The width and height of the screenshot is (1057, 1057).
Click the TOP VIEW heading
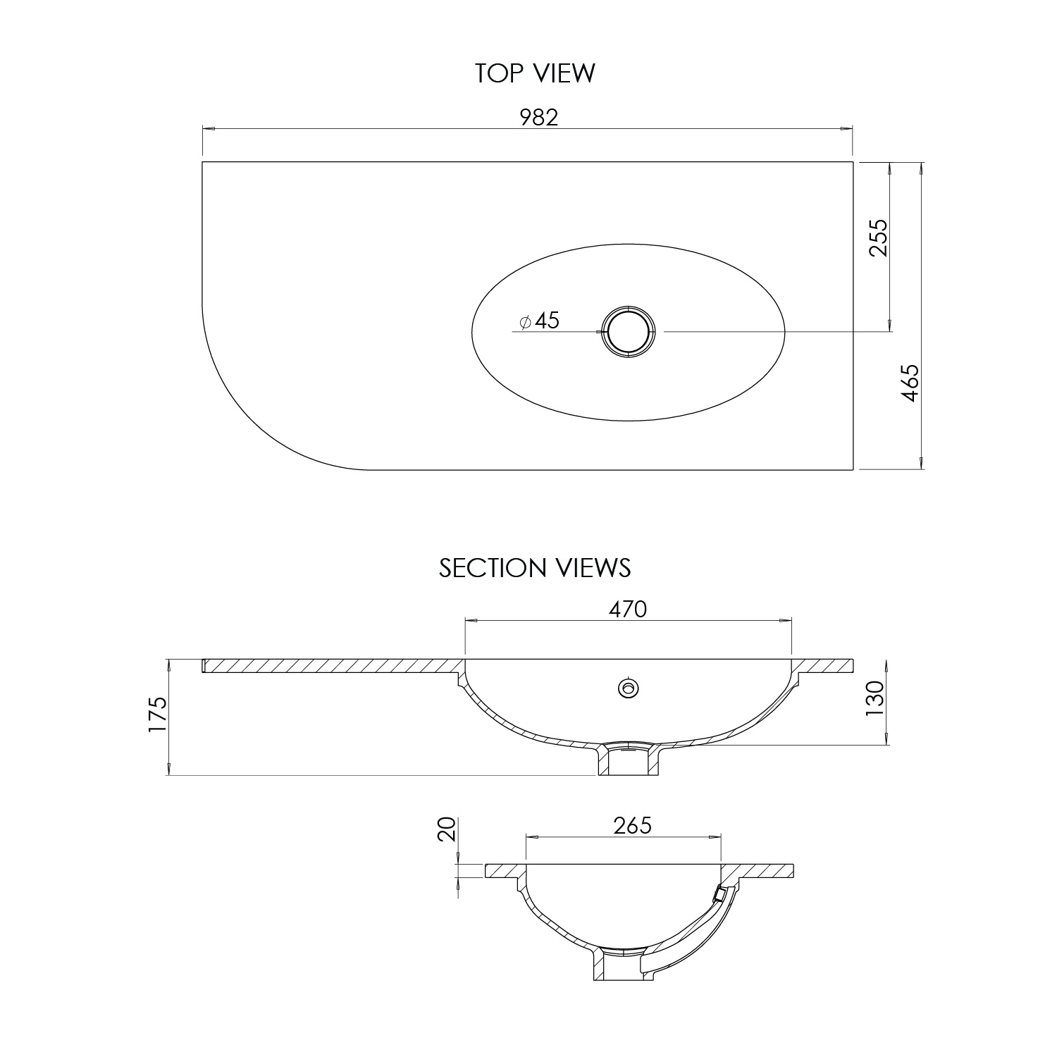click(535, 73)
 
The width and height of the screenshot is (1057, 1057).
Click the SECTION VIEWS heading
click(535, 568)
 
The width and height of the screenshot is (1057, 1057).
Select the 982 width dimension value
click(539, 117)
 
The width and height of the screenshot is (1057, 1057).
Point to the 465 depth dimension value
click(910, 383)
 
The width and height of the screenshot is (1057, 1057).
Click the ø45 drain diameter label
click(540, 321)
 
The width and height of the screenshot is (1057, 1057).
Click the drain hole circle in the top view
click(627, 331)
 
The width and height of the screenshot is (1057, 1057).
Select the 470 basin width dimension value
click(627, 609)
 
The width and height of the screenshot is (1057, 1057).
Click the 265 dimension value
click(632, 825)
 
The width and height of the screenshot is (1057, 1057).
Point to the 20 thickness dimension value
click(446, 829)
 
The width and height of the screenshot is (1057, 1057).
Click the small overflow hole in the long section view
click(627, 688)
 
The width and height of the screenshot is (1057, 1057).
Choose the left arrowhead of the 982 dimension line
click(207, 129)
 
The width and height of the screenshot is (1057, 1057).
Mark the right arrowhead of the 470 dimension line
click(786, 620)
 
